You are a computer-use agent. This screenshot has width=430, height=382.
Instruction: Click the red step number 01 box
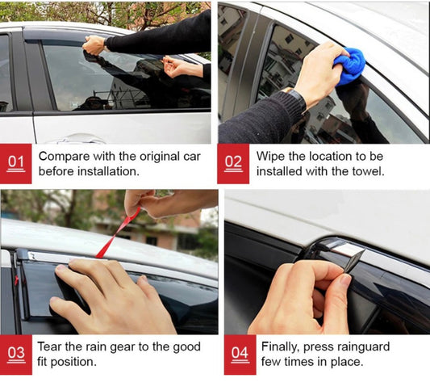[x=16, y=164]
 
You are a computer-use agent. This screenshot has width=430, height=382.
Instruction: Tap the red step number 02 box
[x=233, y=164]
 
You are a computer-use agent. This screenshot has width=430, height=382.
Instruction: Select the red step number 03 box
[x=16, y=355]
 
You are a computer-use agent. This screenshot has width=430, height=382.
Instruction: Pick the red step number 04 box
[x=240, y=355]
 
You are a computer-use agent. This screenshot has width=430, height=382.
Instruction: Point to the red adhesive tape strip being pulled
[x=118, y=233]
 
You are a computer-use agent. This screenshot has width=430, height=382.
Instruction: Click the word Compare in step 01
[x=65, y=157]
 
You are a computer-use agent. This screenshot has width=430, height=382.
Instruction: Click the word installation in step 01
[x=107, y=171]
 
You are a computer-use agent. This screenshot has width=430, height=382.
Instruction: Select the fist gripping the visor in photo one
[x=94, y=45]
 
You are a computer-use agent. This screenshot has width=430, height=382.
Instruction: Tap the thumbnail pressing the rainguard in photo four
[x=345, y=281]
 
